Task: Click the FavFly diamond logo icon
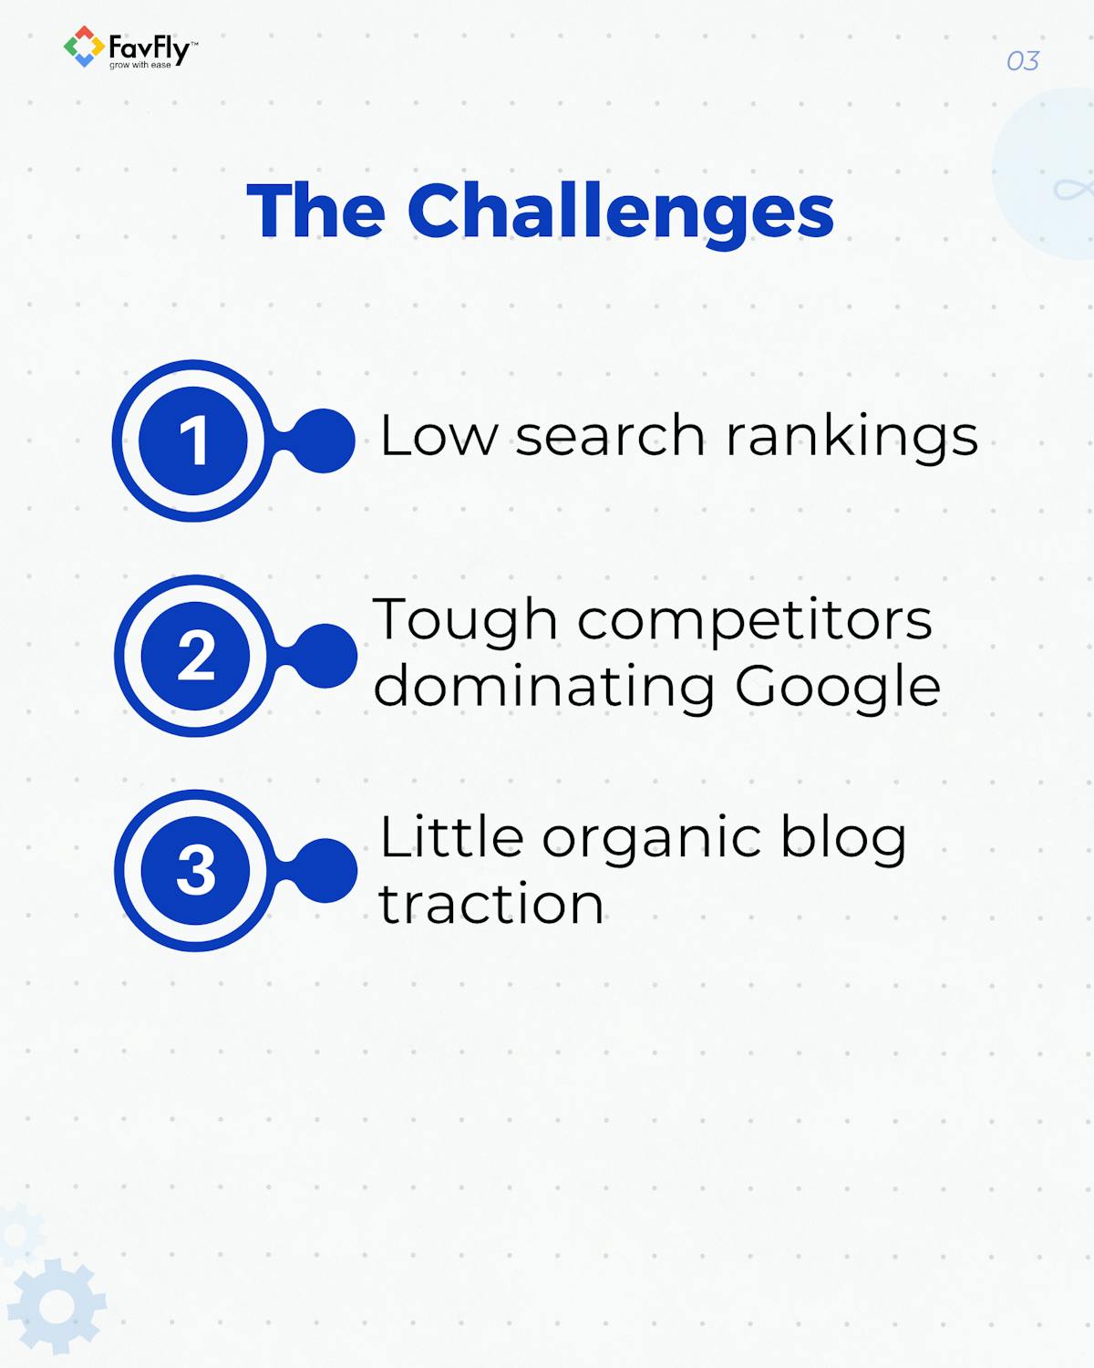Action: tap(83, 47)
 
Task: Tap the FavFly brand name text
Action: tap(149, 47)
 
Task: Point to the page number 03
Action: tap(1022, 61)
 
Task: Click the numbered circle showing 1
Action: tap(193, 441)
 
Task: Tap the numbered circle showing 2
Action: tap(195, 656)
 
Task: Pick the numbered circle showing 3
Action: tap(195, 871)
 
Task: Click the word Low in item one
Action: tap(439, 436)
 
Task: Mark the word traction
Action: tap(491, 905)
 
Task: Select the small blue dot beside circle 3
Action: tap(325, 871)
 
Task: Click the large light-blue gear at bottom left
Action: tap(57, 1306)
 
